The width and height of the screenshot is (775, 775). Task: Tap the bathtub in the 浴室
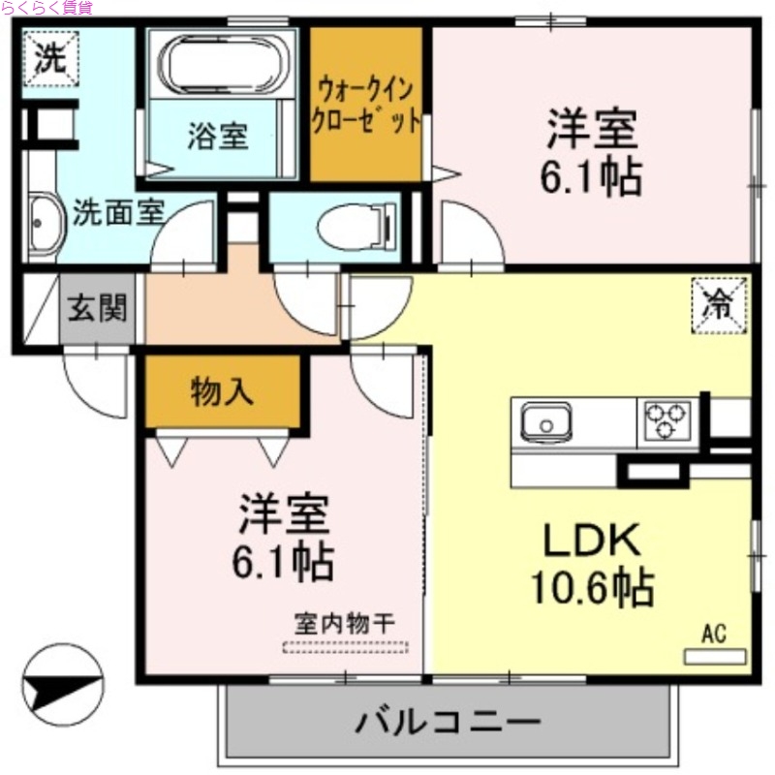click(x=224, y=64)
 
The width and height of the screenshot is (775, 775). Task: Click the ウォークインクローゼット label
click(x=365, y=106)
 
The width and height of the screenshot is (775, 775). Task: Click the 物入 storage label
click(x=222, y=391)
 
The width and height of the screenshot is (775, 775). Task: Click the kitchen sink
click(x=544, y=422)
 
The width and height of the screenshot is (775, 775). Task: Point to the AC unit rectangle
click(x=715, y=656)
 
